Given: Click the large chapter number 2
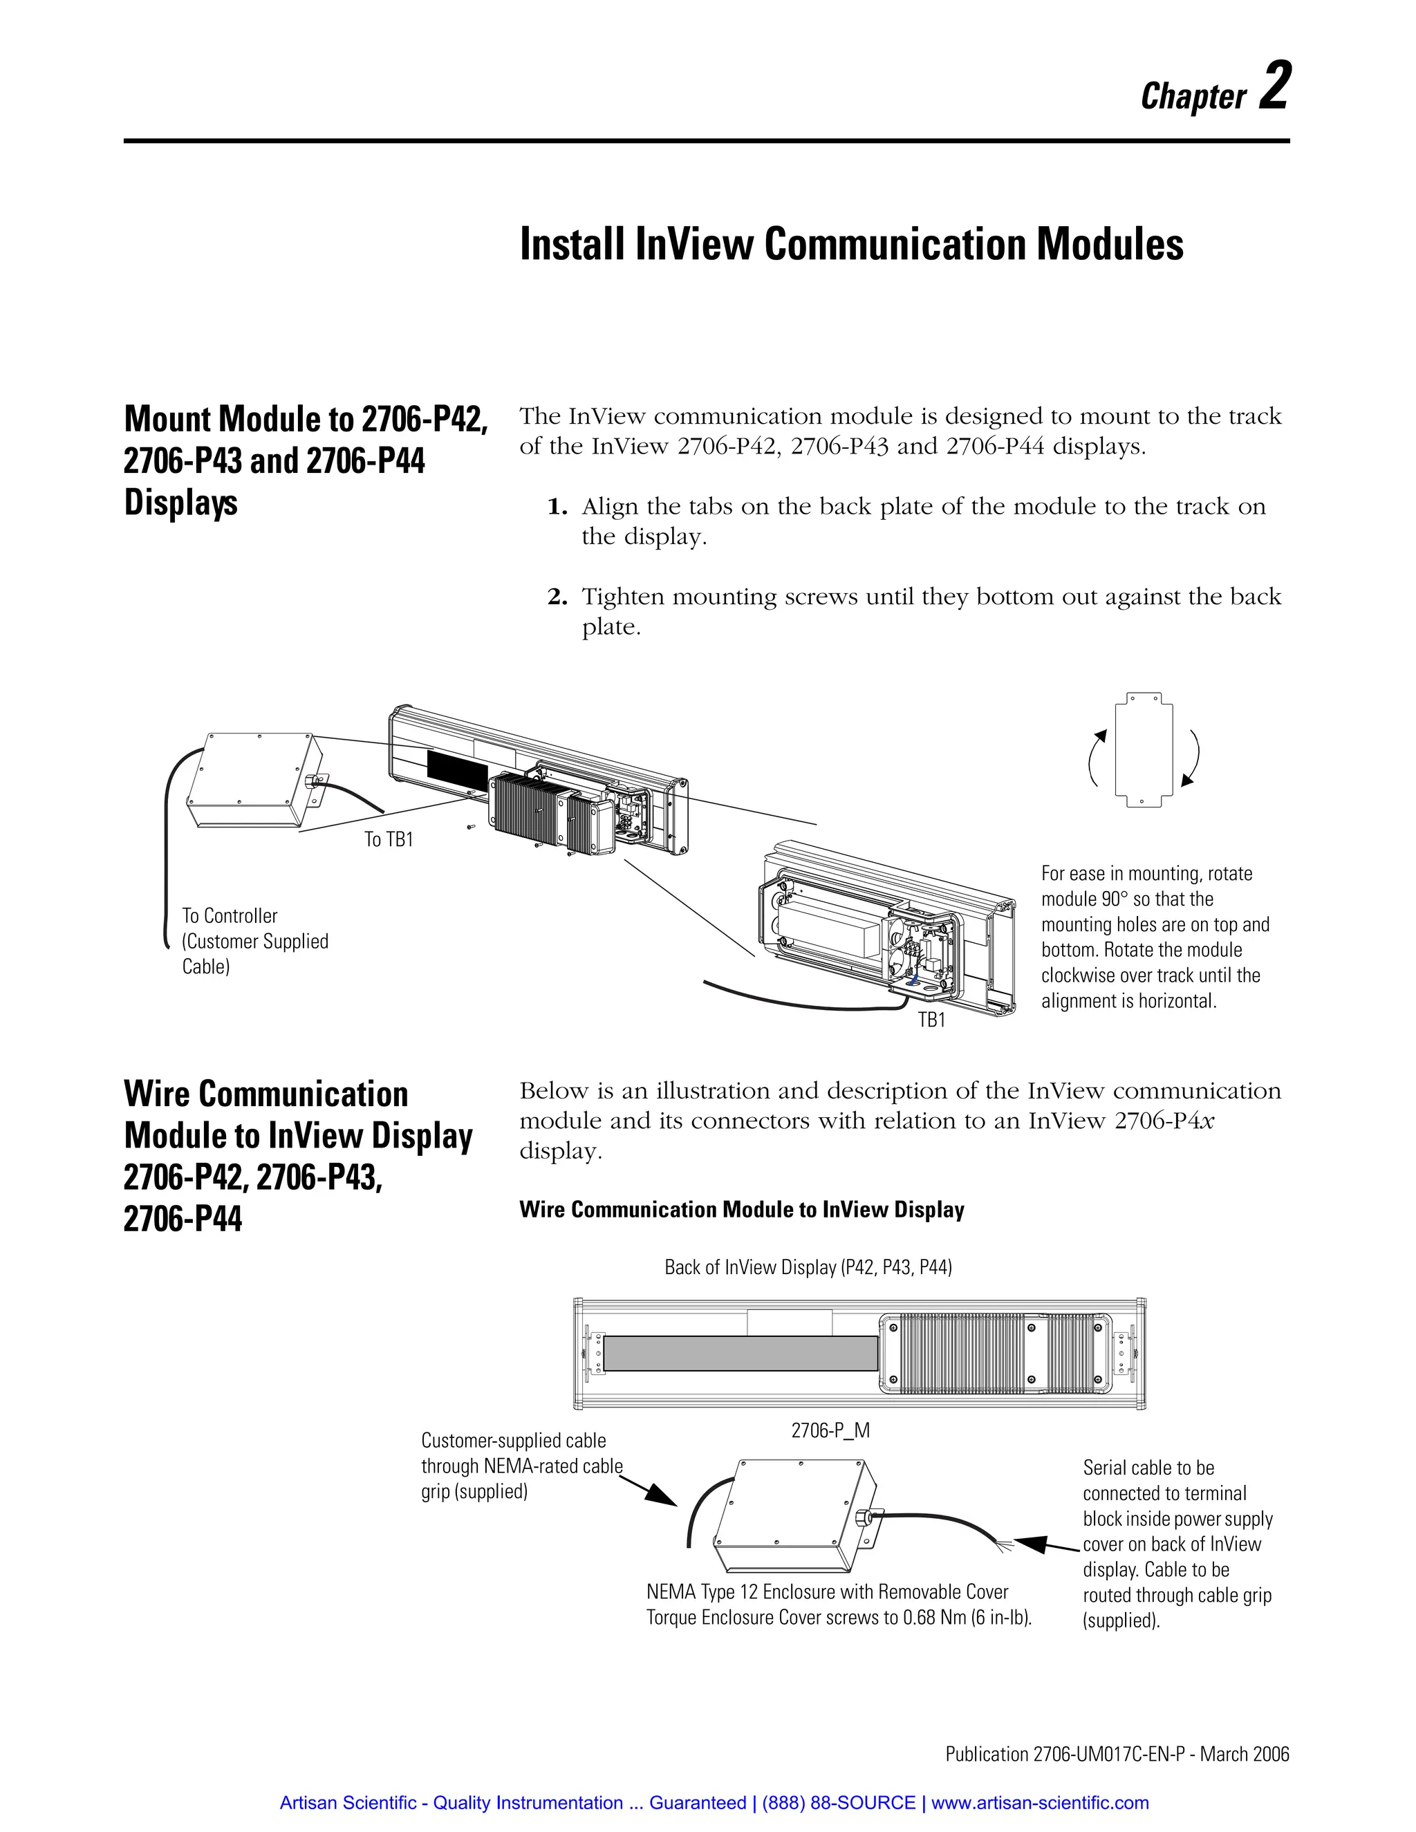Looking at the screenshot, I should tap(1274, 86).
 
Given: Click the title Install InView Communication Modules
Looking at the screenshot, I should tap(850, 245).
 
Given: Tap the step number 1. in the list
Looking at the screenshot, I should tap(557, 507).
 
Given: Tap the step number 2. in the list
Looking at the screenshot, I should tap(557, 597).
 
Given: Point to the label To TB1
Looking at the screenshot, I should tap(389, 840).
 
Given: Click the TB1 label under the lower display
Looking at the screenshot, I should tap(931, 1020).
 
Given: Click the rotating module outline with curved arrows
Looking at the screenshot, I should tap(1144, 750).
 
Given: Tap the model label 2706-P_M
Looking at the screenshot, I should tap(830, 1431).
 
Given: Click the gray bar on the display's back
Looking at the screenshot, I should tap(740, 1354).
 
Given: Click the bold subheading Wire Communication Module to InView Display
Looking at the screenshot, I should tap(742, 1210).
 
